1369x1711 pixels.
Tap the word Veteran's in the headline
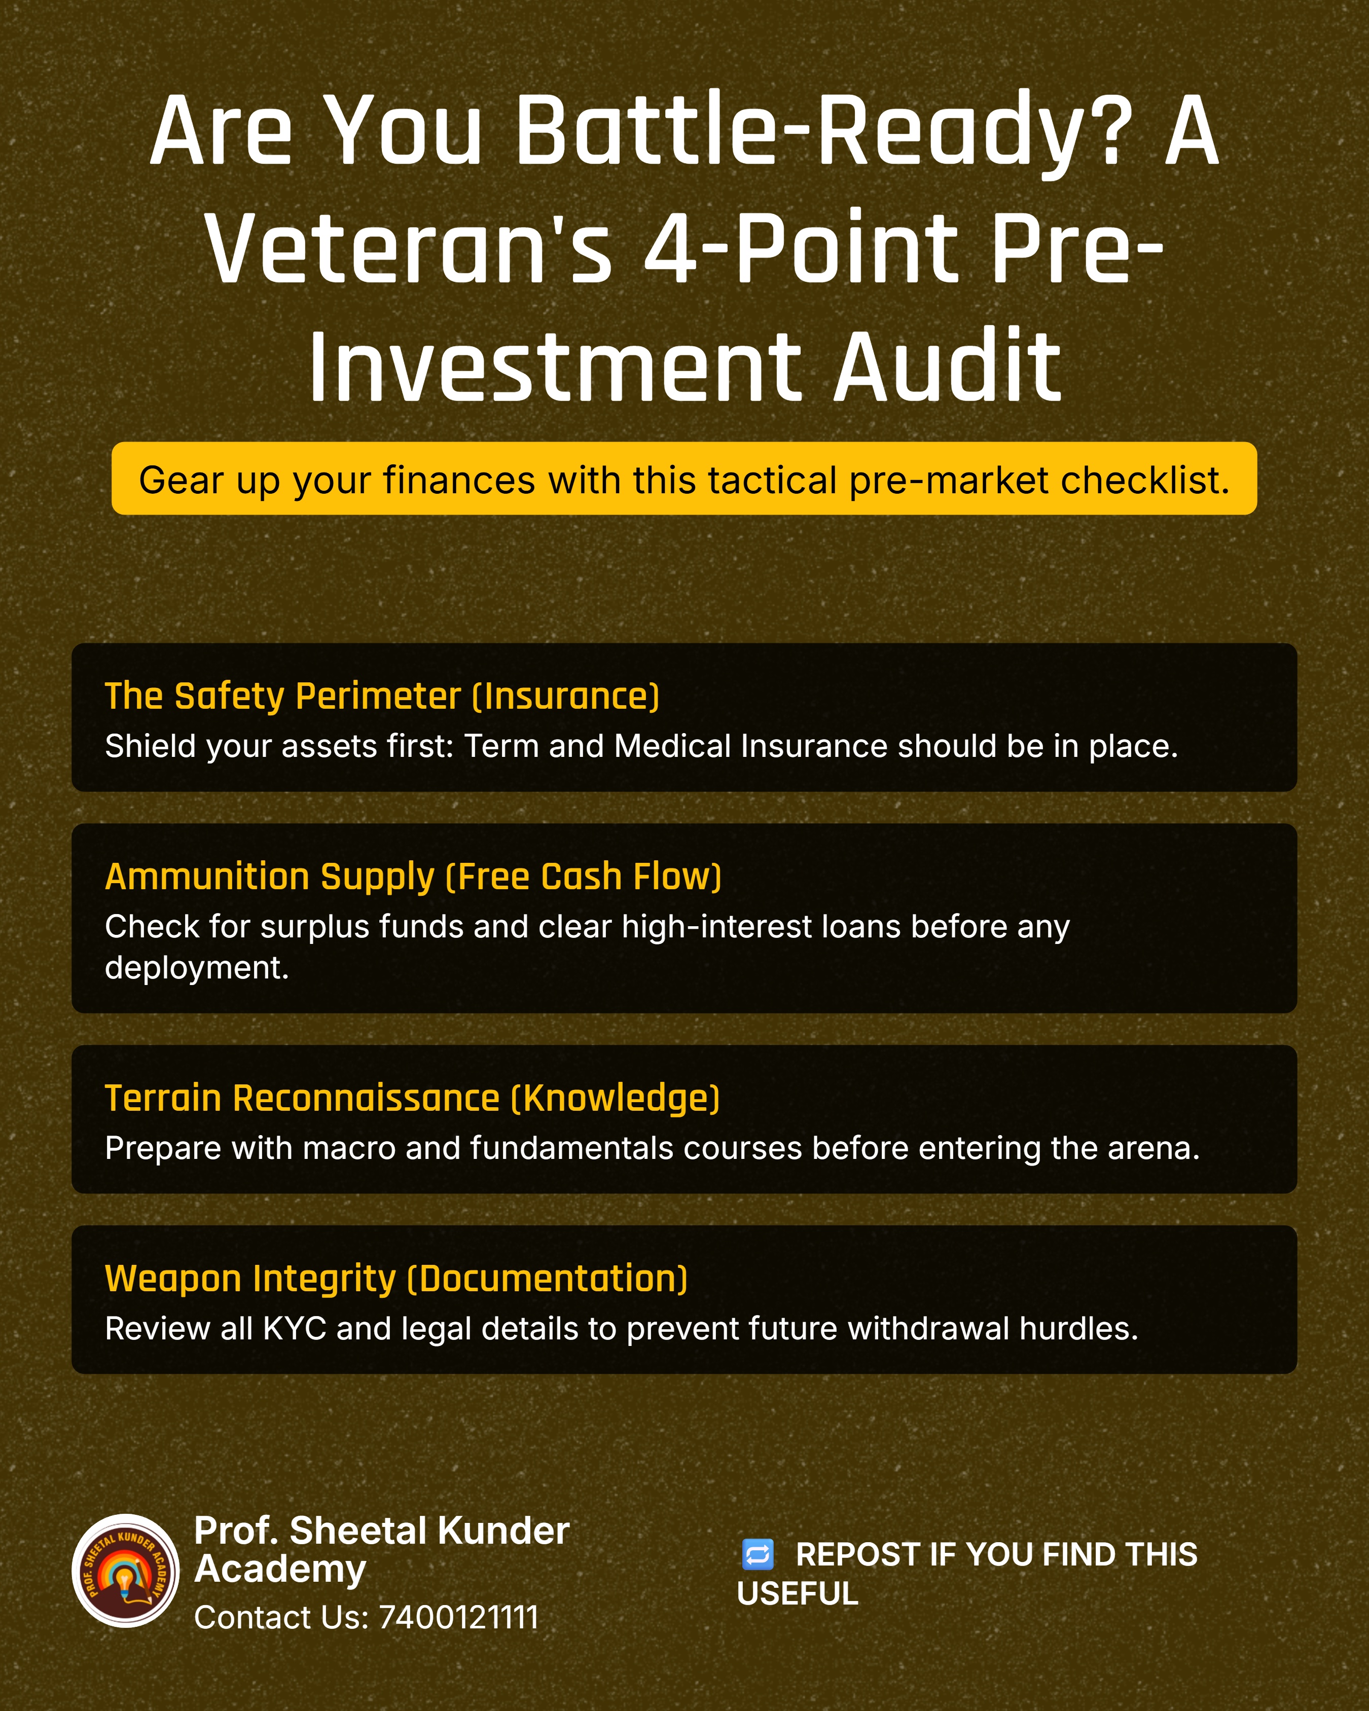(409, 247)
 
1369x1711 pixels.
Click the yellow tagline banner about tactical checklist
(684, 479)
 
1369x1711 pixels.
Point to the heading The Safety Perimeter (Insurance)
(382, 696)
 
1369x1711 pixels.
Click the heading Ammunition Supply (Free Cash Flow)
(413, 876)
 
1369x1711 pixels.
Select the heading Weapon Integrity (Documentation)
(396, 1279)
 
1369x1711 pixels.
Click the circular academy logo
(125, 1571)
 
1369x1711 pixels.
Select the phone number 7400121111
(459, 1617)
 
